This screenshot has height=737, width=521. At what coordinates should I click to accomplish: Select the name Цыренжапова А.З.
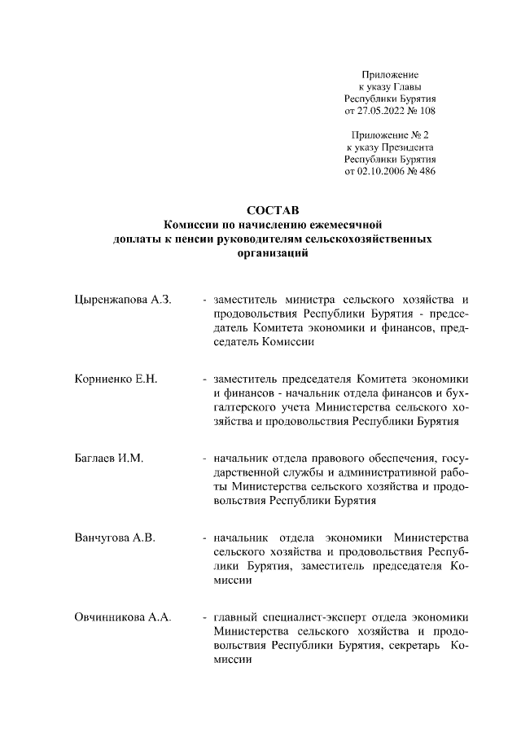(x=121, y=301)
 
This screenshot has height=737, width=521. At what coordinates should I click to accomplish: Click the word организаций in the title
(x=273, y=253)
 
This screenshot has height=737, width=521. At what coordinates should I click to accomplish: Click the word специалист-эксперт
(x=305, y=616)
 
